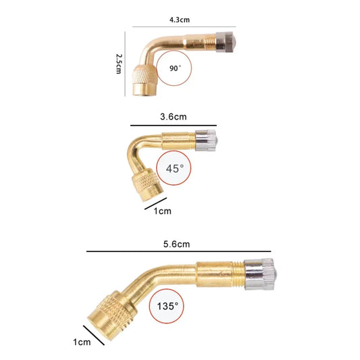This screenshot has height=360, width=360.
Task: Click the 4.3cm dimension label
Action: click(180, 20)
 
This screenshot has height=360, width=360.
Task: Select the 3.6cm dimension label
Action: click(174, 117)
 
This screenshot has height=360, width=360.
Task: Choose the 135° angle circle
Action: click(168, 306)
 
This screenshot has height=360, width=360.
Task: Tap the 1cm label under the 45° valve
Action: click(163, 211)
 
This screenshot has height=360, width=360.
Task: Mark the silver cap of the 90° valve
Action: click(228, 42)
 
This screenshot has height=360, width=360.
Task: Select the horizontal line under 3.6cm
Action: click(174, 125)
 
